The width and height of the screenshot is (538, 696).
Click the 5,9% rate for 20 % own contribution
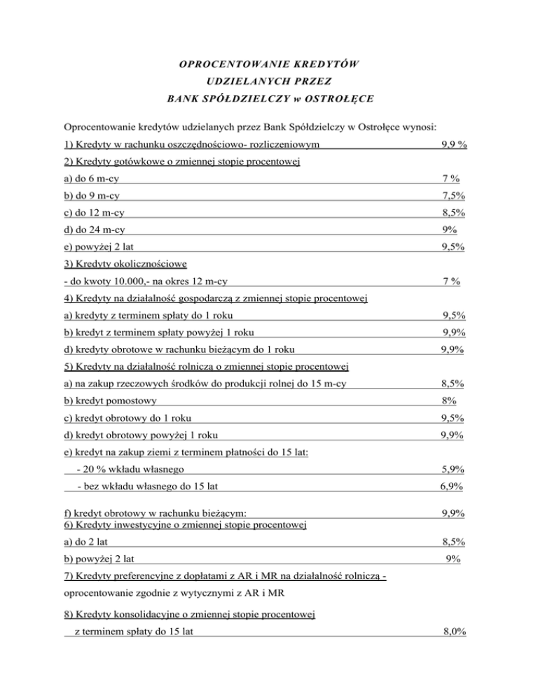point(455,468)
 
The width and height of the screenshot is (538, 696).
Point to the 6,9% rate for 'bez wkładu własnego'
point(454,485)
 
